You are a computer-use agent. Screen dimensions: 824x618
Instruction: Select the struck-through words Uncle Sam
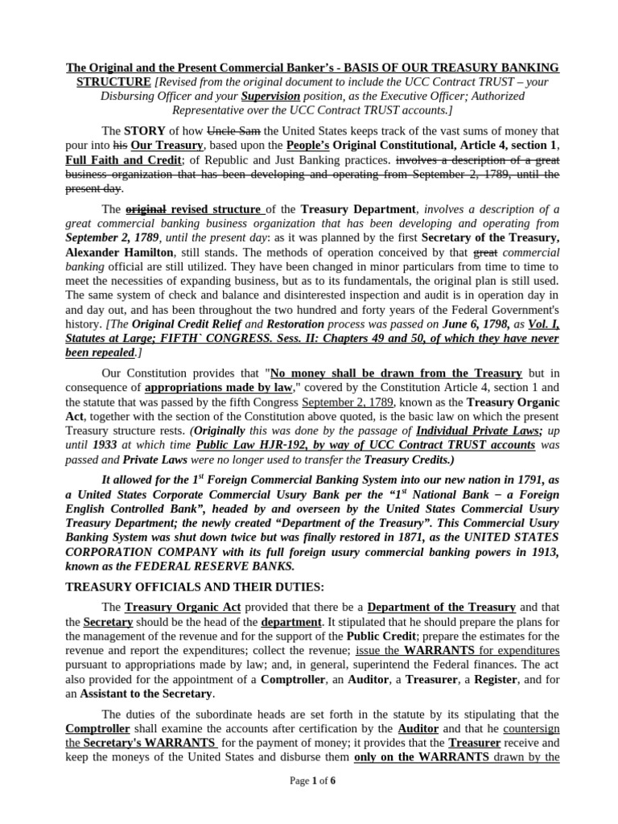coord(233,130)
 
